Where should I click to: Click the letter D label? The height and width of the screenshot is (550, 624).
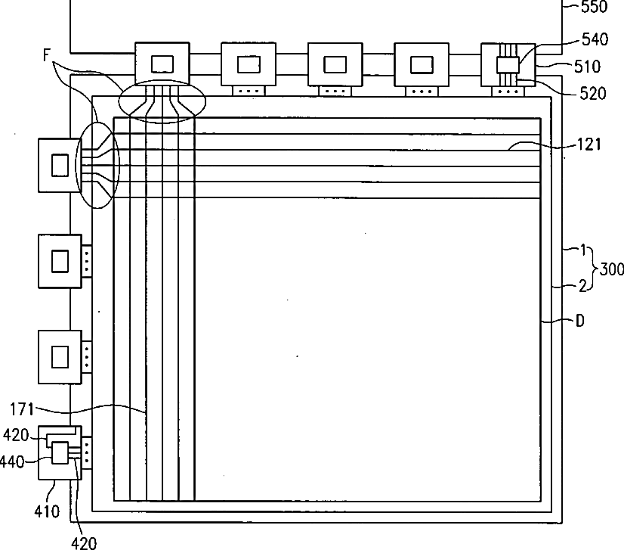579,322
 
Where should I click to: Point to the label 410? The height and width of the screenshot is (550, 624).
47,511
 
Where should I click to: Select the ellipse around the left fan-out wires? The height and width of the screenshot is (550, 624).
98,165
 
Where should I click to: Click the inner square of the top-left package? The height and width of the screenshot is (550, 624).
162,64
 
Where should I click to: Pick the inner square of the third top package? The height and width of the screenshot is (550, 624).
335,64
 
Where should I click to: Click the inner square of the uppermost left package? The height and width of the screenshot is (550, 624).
60,165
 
